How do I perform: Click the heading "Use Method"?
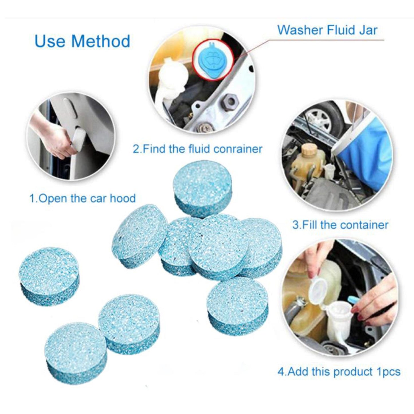(82, 41)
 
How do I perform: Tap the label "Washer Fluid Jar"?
(327, 30)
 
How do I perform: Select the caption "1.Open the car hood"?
(83, 198)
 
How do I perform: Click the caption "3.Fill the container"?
(340, 225)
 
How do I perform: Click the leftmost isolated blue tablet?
(49, 272)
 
